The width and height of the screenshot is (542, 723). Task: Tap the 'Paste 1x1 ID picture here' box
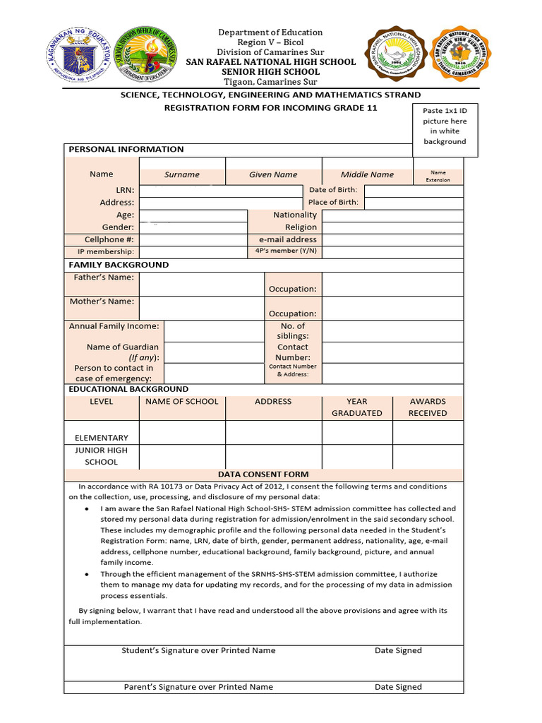[x=445, y=126]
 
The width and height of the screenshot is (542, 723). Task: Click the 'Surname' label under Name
[x=182, y=174]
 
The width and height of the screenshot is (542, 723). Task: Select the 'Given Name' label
[x=273, y=174]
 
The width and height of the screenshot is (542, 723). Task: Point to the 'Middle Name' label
[x=367, y=174]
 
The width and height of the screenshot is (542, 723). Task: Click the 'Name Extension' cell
[x=438, y=176]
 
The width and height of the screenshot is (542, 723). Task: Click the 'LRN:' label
[x=125, y=190]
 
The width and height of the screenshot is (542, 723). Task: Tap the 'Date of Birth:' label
[x=333, y=190]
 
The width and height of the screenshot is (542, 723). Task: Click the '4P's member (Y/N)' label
[x=286, y=251]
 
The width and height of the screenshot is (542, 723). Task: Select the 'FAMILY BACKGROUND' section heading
[x=119, y=265]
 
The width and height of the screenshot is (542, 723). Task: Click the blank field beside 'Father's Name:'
[x=201, y=283]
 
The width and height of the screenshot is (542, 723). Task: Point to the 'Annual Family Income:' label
[x=114, y=326]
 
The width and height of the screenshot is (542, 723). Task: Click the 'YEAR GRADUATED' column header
[x=357, y=407]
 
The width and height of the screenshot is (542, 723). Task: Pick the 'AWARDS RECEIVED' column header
[x=428, y=407]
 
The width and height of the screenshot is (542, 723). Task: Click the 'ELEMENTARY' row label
[x=102, y=438]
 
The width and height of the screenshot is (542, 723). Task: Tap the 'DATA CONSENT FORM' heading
[x=263, y=474]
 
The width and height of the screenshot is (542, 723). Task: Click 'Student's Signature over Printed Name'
[x=198, y=650]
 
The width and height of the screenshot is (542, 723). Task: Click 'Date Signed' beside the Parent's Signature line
[x=398, y=687]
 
